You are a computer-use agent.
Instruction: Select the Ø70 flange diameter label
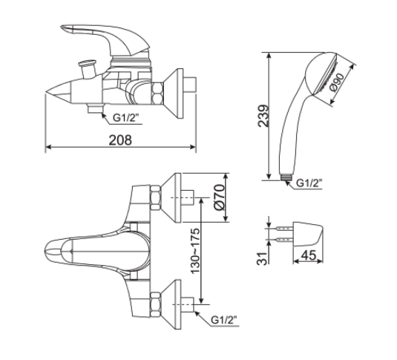point(217,198)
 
